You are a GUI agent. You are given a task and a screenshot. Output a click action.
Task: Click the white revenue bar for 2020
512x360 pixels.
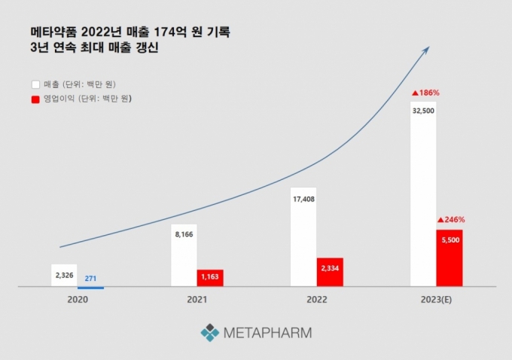click(64, 275)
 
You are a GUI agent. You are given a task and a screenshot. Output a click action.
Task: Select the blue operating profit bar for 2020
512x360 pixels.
click(91, 288)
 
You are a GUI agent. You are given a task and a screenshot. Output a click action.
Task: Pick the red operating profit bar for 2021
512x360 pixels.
click(210, 278)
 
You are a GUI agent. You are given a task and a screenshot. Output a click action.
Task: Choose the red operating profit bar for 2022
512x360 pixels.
click(330, 272)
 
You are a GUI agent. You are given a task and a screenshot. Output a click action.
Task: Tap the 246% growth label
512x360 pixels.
click(451, 220)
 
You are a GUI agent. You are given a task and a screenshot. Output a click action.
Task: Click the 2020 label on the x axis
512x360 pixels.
click(78, 300)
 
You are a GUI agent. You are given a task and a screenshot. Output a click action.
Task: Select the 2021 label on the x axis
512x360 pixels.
click(197, 300)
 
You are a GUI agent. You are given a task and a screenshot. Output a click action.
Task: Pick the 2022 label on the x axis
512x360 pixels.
click(317, 300)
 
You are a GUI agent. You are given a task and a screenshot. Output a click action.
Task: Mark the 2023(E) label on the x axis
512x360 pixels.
click(437, 300)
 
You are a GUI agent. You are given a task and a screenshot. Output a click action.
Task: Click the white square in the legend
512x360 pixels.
click(35, 84)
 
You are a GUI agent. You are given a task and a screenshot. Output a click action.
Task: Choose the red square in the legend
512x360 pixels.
click(35, 99)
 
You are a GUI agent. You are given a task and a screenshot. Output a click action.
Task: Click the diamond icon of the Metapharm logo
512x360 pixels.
click(210, 332)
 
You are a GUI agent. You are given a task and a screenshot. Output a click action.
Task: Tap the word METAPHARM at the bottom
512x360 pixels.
click(267, 332)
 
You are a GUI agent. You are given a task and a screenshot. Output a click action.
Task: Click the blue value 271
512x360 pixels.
click(90, 279)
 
